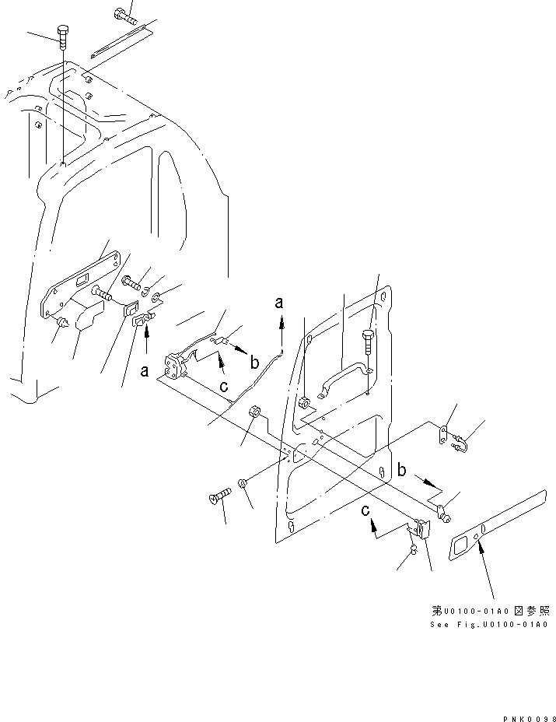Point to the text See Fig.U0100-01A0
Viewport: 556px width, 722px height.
489,625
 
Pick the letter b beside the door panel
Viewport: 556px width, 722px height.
401,469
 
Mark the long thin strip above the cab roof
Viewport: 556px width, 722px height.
121,44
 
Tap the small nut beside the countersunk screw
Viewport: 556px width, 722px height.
242,485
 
